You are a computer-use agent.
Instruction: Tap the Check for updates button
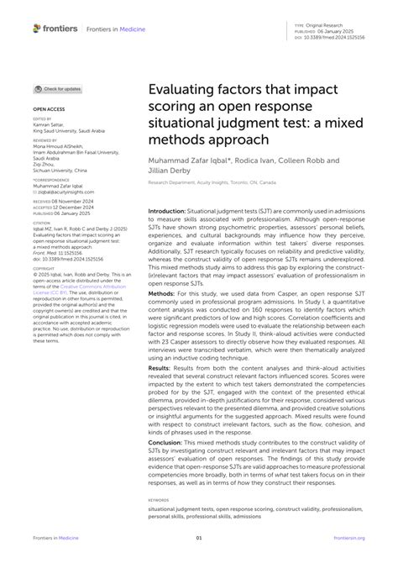point(59,89)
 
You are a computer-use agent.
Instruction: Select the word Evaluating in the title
point(182,91)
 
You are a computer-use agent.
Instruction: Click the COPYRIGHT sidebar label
point(44,245)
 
